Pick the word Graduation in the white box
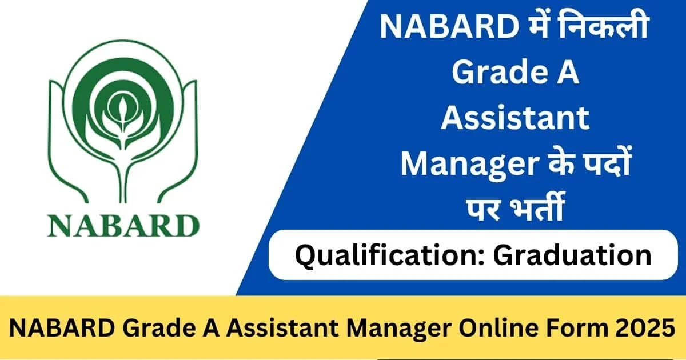point(572,255)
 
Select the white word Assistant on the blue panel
point(516,119)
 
